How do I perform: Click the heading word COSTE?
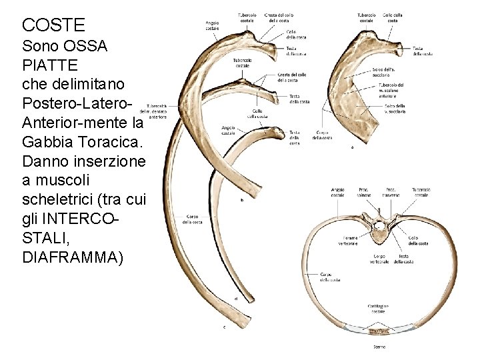point(53,25)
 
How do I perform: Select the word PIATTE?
point(50,66)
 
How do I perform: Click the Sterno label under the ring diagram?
point(378,347)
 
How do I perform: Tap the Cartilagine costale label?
point(378,308)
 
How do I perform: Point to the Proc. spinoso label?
point(365,192)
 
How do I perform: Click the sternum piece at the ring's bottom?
point(378,331)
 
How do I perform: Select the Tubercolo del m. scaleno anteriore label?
point(392,90)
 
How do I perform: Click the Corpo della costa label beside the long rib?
point(193,219)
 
